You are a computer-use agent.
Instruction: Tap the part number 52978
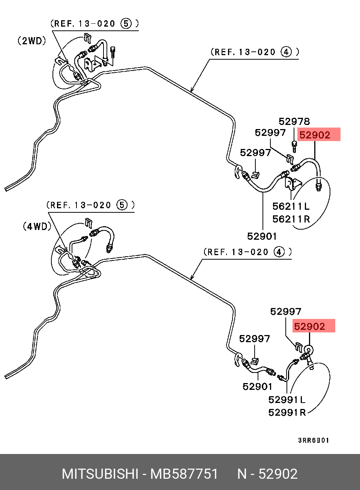point(294,122)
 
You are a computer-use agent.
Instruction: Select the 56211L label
point(291,206)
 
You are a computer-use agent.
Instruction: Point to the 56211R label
point(291,219)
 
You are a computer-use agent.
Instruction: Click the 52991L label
point(286,400)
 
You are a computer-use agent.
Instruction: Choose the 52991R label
point(287,412)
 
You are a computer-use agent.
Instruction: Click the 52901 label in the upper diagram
point(262,236)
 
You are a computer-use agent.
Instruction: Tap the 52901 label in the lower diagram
point(258,386)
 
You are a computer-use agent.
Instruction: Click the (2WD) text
point(32,41)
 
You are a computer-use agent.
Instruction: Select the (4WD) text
point(37,226)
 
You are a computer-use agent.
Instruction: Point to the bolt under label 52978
point(294,146)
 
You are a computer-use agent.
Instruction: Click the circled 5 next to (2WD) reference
point(126,24)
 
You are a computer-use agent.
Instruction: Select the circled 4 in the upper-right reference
point(286,52)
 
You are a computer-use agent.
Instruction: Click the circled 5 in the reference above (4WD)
point(122,205)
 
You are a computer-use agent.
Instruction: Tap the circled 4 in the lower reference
point(279,252)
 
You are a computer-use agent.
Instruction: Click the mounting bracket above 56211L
point(292,183)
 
